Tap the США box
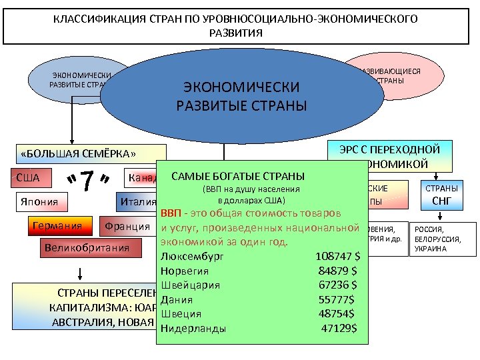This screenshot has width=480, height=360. (28, 178)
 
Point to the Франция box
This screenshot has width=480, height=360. (127, 226)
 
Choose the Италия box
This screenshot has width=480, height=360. (137, 202)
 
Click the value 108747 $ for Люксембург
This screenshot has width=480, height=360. (337, 255)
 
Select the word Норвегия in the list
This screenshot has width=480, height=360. (185, 271)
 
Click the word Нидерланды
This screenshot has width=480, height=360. (193, 329)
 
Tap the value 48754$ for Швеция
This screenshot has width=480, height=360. (336, 314)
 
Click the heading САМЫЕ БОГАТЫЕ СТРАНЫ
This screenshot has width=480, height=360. (238, 177)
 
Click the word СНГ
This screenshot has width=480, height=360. (443, 200)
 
